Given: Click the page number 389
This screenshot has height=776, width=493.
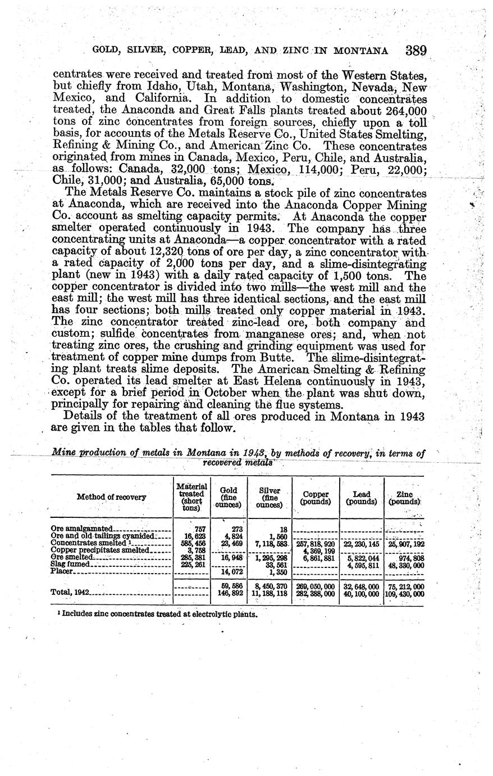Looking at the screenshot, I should tap(416, 49).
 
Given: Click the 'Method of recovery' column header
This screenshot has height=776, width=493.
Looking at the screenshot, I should tap(111, 497).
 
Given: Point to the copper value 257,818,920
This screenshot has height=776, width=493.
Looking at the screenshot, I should tap(316, 544).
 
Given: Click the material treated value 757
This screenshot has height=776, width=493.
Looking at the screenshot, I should tap(200, 529).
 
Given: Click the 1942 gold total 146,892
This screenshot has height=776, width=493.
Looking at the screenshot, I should tap(229, 593).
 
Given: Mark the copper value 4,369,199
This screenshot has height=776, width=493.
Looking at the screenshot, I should tap(319, 551).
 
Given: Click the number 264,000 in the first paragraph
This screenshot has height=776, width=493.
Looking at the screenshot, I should tap(407, 110).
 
